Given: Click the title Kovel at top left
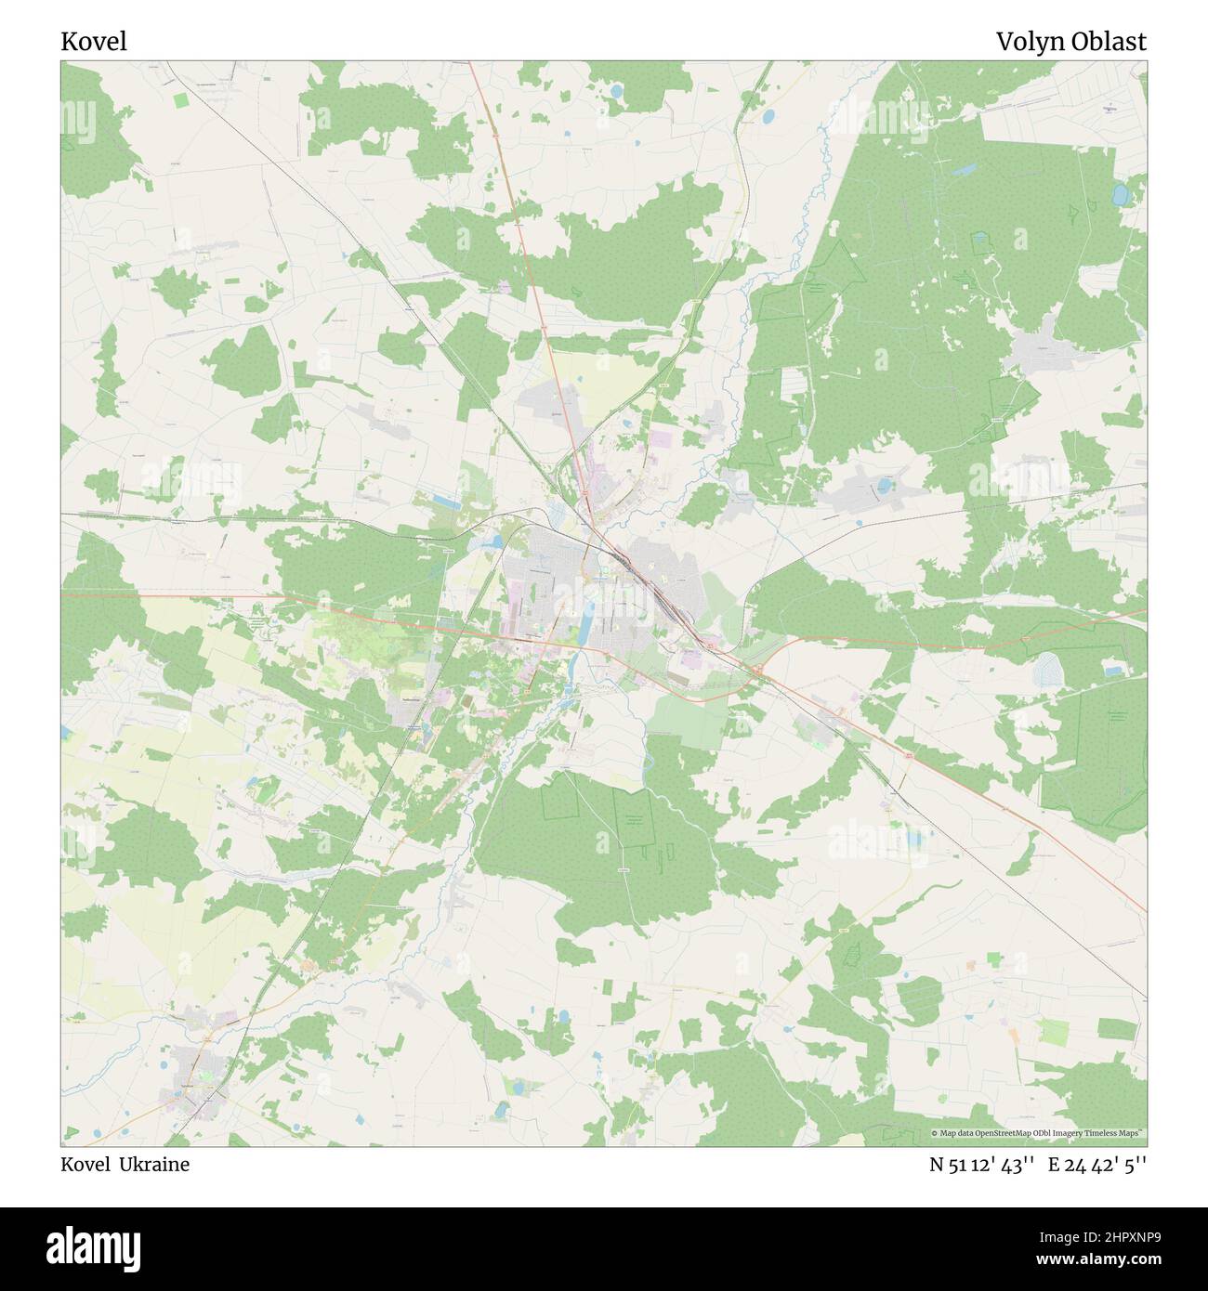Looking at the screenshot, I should click(94, 42).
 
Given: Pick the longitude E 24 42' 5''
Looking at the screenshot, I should click(1096, 1165).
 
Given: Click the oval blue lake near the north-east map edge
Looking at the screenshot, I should click(1120, 195).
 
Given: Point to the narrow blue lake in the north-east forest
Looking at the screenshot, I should click(964, 171).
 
